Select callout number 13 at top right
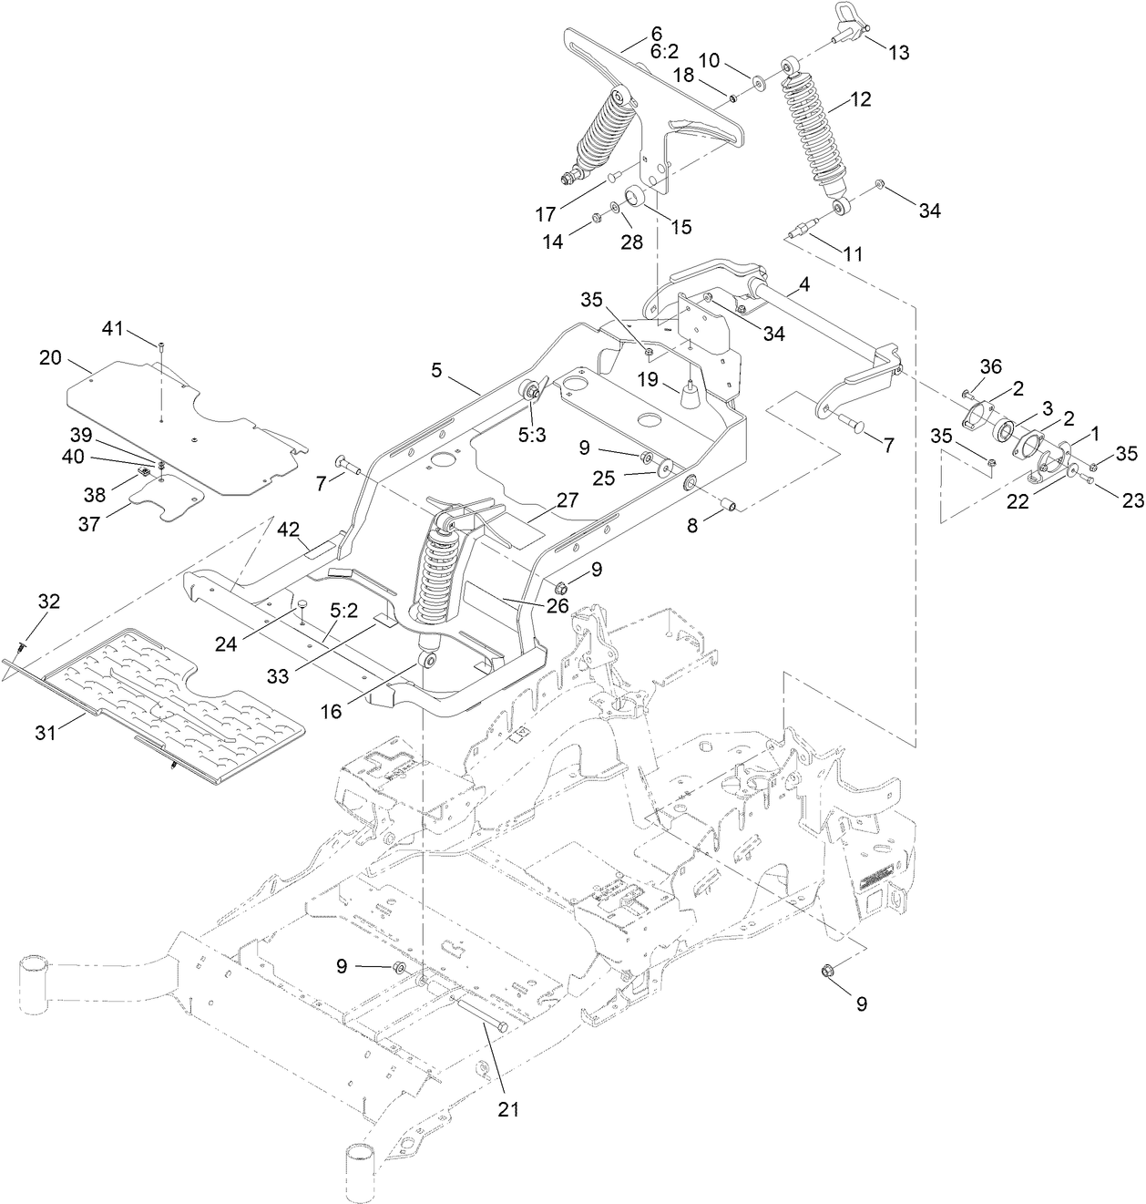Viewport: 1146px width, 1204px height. pos(898,53)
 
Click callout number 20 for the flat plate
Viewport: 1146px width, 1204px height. pos(50,358)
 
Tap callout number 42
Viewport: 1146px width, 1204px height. pos(289,529)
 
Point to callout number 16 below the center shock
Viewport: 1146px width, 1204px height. pos(331,711)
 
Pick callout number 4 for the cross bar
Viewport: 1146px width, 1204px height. pos(804,285)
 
